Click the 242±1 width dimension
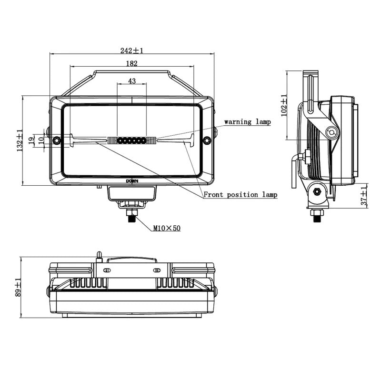coord(132,50)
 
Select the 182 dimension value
coord(132,63)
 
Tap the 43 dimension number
coord(132,81)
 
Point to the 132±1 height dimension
coord(20,140)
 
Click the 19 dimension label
coord(31,140)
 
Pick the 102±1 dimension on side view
coord(284,105)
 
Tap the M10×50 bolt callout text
coord(167,228)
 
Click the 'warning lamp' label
coord(247,121)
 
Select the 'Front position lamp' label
coord(241,195)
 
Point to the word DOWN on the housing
coord(132,181)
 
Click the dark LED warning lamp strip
coord(131,140)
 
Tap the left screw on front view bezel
coord(57,140)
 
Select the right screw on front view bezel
coord(207,140)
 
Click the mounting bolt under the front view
coord(132,215)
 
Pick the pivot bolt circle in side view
coord(331,133)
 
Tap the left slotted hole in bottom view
coord(107,270)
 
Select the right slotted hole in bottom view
coord(157,270)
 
